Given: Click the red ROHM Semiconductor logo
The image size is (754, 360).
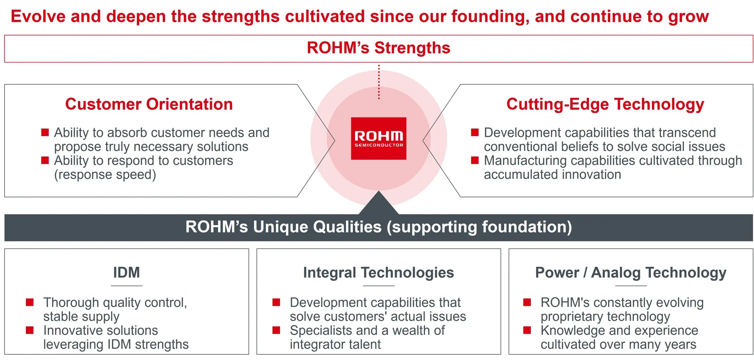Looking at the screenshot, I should (378, 138).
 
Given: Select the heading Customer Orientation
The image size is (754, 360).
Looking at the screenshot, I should (149, 104).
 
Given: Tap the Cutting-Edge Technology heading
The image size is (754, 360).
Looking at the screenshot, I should (605, 104).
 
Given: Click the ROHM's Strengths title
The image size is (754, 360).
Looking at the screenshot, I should (378, 48).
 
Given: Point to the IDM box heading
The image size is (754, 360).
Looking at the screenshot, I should (126, 272).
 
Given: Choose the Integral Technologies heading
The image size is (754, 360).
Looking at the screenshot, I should (378, 273).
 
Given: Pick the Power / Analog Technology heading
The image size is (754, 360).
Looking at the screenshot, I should (631, 273).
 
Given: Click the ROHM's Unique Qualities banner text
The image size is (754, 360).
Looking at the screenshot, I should (378, 227).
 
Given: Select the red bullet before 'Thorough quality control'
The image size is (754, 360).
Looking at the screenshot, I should (30, 302).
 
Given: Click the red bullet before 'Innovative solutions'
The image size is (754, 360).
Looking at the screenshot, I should (30, 330).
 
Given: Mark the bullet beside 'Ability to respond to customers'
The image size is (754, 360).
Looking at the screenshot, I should (45, 160).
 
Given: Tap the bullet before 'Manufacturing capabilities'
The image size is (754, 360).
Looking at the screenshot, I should (475, 160).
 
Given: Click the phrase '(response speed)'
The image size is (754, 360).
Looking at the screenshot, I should (105, 175).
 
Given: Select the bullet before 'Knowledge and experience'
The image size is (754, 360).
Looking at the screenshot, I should (527, 330).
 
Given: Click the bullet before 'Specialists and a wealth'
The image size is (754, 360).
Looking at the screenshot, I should (276, 330).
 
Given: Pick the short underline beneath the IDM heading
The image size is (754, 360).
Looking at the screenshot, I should (126, 286).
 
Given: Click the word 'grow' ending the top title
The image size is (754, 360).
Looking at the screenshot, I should (689, 17).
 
